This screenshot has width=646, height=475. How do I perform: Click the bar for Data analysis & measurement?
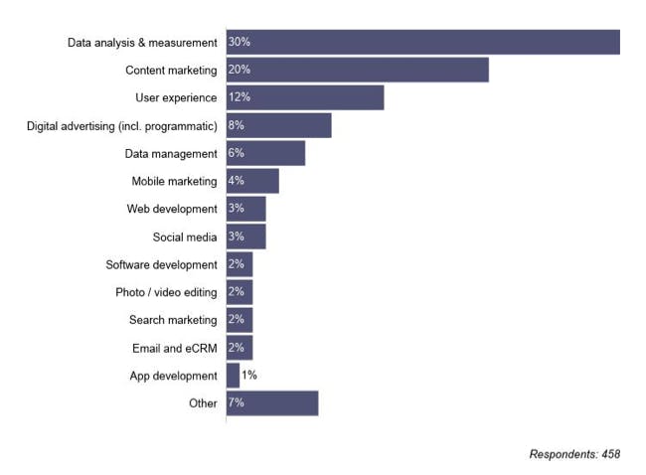pyautogui.click(x=423, y=42)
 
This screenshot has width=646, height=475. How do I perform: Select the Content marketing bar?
pyautogui.click(x=358, y=70)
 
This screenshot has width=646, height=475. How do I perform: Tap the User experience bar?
pyautogui.click(x=305, y=97)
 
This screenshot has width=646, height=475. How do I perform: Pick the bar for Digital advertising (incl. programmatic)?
pyautogui.click(x=279, y=125)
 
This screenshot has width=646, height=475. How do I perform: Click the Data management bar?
pyautogui.click(x=265, y=153)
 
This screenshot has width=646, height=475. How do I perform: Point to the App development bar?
pyautogui.click(x=233, y=376)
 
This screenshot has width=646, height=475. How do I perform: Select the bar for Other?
pyautogui.click(x=272, y=402)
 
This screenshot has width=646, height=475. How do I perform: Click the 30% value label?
pyautogui.click(x=239, y=42)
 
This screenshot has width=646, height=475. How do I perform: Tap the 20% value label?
pyautogui.click(x=239, y=70)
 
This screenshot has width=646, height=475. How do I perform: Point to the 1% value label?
pyautogui.click(x=249, y=376)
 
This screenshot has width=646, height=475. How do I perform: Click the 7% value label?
pyautogui.click(x=236, y=402)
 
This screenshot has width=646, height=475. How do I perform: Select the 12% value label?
pyautogui.click(x=239, y=97)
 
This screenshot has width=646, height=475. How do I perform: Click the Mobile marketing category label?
pyautogui.click(x=174, y=181)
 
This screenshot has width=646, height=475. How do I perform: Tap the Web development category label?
pyautogui.click(x=171, y=209)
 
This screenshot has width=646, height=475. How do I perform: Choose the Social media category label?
pyautogui.click(x=184, y=237)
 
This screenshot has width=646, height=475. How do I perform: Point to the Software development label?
pyautogui.click(x=161, y=264)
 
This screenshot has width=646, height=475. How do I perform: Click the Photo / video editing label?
pyautogui.click(x=166, y=292)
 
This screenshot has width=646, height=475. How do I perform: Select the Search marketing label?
pyautogui.click(x=172, y=320)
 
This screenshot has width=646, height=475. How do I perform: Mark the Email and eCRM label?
pyautogui.click(x=174, y=348)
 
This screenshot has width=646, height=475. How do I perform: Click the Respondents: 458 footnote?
pyautogui.click(x=574, y=453)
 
